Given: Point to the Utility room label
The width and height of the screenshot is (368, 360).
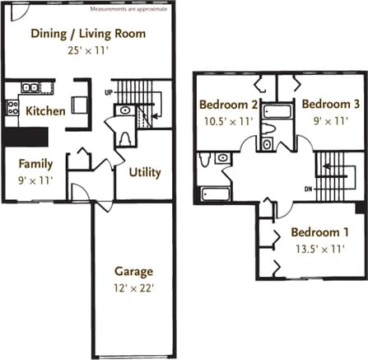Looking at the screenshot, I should coord(145,172).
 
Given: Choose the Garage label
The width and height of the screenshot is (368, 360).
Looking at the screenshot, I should coord(133,271).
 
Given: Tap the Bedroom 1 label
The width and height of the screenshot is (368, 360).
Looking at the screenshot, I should coord(319,232).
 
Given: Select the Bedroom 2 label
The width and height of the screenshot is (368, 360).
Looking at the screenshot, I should coord(229,105).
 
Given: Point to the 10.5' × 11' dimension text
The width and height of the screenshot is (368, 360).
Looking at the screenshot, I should coord(229,120).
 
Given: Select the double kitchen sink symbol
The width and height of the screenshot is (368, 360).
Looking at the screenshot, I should coord(31,86).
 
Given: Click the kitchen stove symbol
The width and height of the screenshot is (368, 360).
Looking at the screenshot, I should coord(12,106).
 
